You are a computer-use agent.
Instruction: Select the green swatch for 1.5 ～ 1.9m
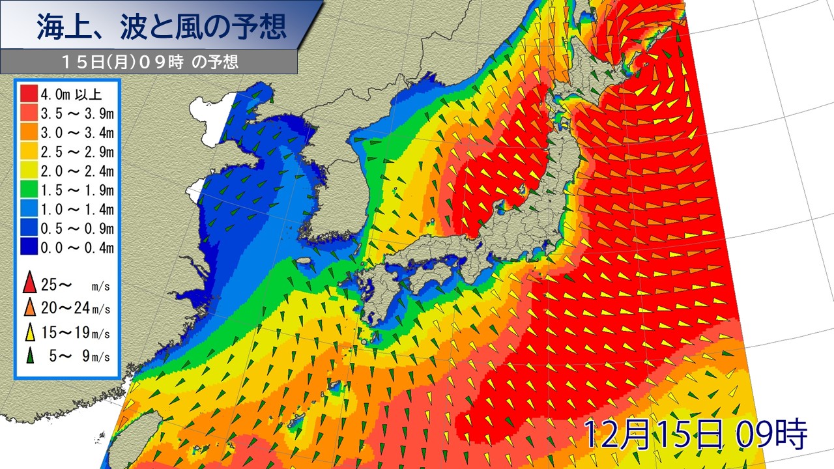pyautogui.click(x=29, y=190)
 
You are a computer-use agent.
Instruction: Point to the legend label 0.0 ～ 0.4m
pyautogui.click(x=77, y=248)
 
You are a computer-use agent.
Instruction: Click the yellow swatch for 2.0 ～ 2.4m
pyautogui.click(x=29, y=171)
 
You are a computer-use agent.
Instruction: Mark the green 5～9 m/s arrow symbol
pyautogui.click(x=29, y=355)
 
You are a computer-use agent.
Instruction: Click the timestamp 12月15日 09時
pyautogui.click(x=695, y=433)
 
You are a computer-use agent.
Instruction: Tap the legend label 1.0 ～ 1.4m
pyautogui.click(x=77, y=209)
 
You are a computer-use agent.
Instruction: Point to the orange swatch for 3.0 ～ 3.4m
pyautogui.click(x=29, y=134)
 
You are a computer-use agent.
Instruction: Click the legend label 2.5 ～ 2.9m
pyautogui.click(x=77, y=152)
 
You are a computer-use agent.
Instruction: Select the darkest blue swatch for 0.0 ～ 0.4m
pyautogui.click(x=29, y=248)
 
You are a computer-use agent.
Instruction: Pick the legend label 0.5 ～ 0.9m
pyautogui.click(x=77, y=228)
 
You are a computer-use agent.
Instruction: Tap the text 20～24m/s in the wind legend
pyautogui.click(x=75, y=308)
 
